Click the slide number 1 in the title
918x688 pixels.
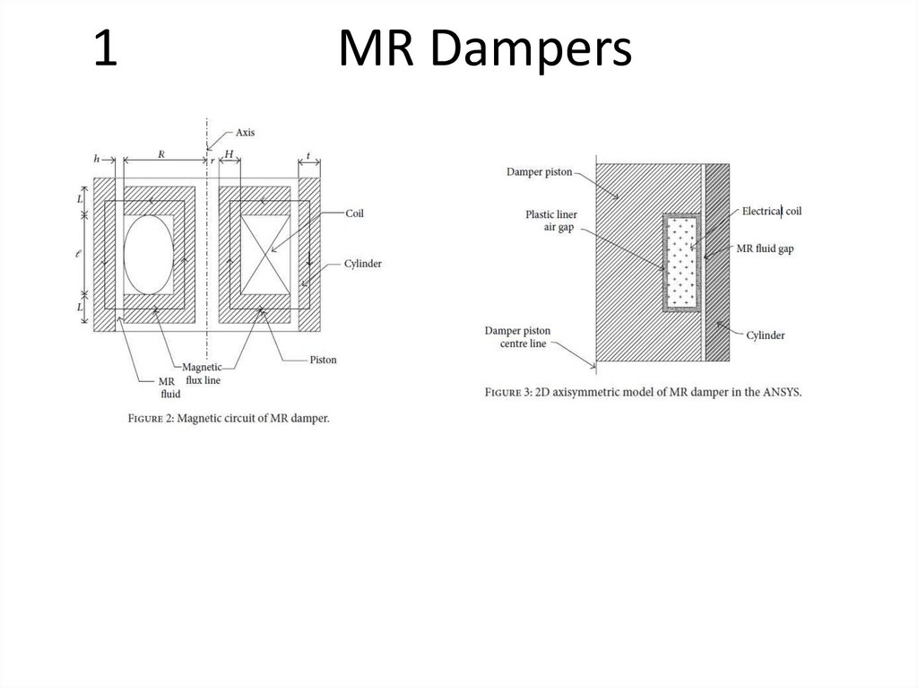coord(106,51)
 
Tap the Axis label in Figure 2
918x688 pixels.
coord(245,132)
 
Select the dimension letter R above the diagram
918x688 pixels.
coord(161,153)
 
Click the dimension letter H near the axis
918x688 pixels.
coord(229,154)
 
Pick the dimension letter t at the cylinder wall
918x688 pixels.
coord(308,155)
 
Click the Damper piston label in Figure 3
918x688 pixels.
coord(538,171)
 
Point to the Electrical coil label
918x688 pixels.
coord(771,212)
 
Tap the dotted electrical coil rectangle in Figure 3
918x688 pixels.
coord(681,261)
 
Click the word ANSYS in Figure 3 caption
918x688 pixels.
coord(779,392)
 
